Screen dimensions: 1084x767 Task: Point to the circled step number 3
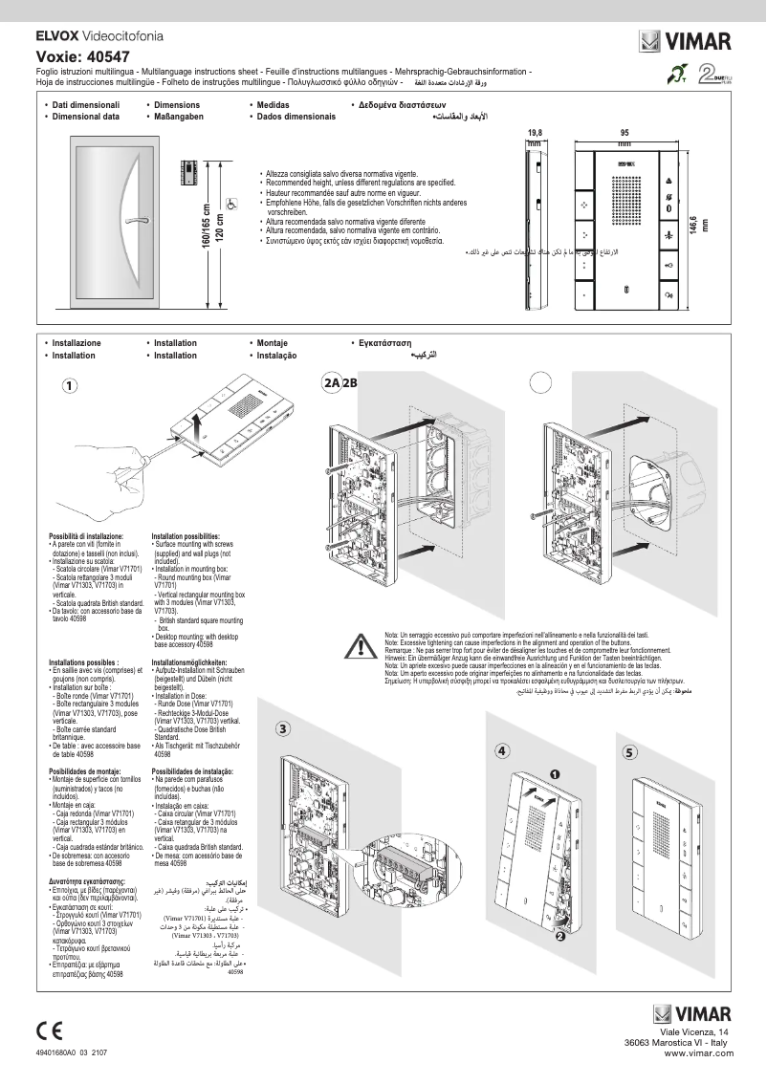283,729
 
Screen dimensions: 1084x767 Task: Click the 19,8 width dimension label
535,134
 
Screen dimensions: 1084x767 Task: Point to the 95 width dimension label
625,134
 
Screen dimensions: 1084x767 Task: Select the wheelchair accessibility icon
230,202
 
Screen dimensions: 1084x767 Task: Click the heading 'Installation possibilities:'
186,536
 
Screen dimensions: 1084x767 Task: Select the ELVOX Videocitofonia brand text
99,35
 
